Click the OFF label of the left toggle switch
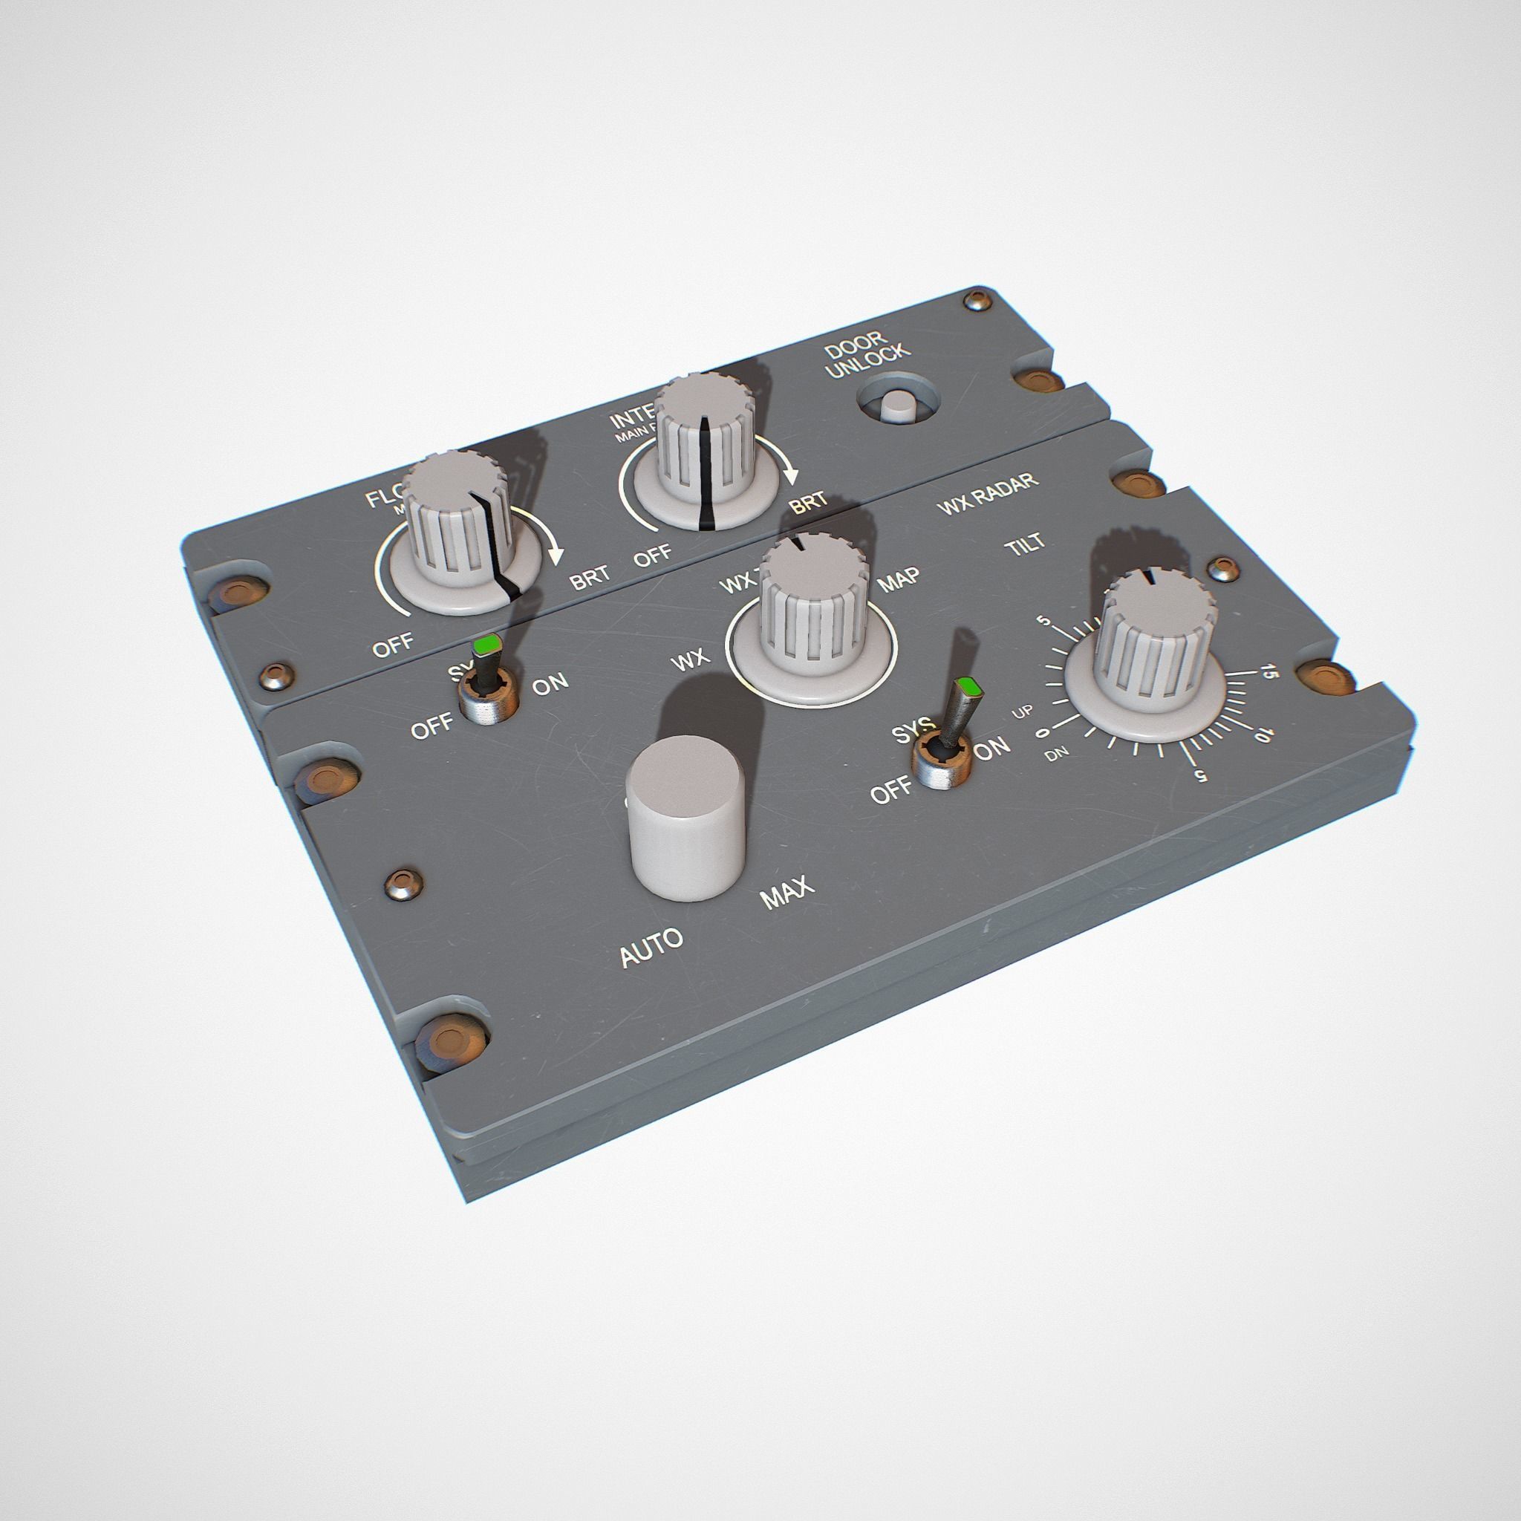432,724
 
